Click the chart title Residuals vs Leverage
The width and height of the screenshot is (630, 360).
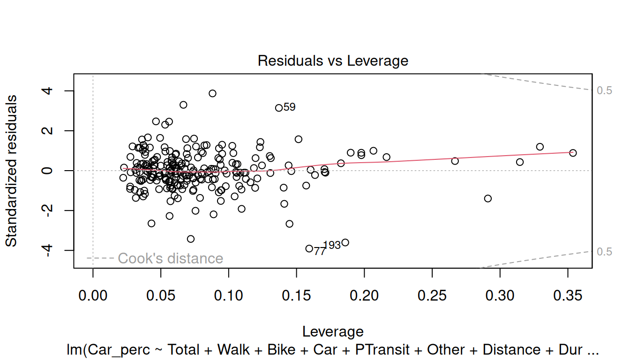click(333, 61)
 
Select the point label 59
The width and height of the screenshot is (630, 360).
click(290, 107)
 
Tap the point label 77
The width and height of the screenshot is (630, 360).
click(320, 251)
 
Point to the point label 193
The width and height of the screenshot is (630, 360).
click(332, 245)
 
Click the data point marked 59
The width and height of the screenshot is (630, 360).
click(279, 108)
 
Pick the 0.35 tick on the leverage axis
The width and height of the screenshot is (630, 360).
click(568, 296)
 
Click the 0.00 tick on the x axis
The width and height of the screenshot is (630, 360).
click(93, 296)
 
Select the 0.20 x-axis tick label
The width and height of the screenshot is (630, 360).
click(364, 296)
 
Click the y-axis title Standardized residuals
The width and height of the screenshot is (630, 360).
click(12, 171)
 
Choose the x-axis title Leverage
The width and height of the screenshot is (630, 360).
click(333, 332)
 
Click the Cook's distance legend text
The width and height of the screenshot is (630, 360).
click(170, 258)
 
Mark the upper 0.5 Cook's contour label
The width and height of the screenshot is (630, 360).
click(605, 90)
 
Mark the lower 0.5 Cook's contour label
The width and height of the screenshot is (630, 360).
click(605, 252)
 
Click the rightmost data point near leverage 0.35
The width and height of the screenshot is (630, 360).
click(573, 153)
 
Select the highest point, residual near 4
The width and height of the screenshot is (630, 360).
click(212, 93)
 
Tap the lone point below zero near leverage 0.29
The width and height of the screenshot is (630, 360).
click(488, 198)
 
